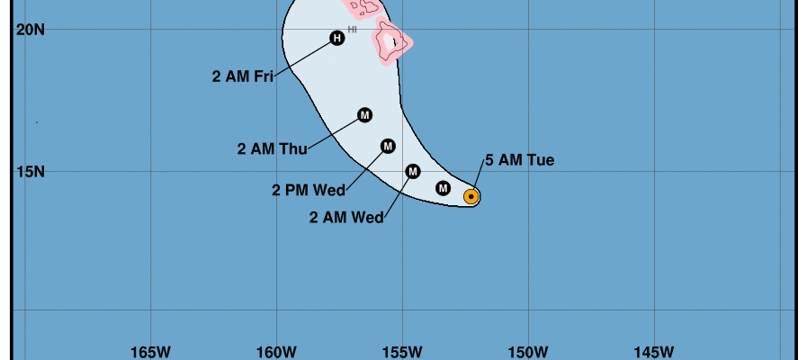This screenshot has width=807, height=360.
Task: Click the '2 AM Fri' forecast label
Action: (243, 76)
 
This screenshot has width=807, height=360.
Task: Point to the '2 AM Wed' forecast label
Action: (346, 217)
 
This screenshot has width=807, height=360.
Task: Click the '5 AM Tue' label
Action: (519, 161)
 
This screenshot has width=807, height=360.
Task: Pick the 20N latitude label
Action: (31, 30)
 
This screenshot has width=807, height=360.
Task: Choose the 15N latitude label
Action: (31, 171)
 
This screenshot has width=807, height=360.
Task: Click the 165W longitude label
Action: (151, 350)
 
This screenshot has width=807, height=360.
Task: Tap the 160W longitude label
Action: (276, 350)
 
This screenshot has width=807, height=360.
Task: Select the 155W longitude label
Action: (402, 350)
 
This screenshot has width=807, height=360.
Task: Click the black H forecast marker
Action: (337, 38)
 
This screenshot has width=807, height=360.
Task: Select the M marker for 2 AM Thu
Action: (364, 115)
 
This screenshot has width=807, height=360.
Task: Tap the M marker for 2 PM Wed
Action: (388, 146)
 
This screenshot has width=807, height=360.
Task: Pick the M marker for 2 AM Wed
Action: (413, 171)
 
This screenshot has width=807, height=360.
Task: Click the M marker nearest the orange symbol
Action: (443, 188)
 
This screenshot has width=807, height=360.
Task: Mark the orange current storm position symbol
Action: (471, 196)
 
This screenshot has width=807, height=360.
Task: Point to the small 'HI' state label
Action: (353, 30)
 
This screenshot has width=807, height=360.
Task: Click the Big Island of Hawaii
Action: (393, 42)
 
